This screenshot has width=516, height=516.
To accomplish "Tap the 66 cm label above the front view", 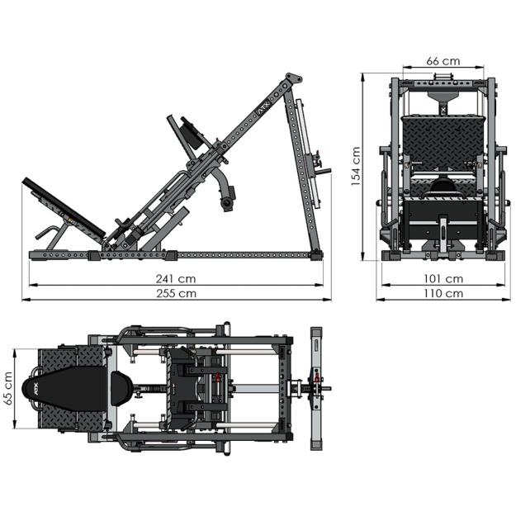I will point(443,61).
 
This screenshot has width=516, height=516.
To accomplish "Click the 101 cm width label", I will point(443,278).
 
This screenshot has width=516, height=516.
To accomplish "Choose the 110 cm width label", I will point(443,292).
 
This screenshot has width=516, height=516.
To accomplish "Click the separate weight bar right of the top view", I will point(315,388).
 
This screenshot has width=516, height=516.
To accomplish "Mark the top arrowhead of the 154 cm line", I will point(365,75).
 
